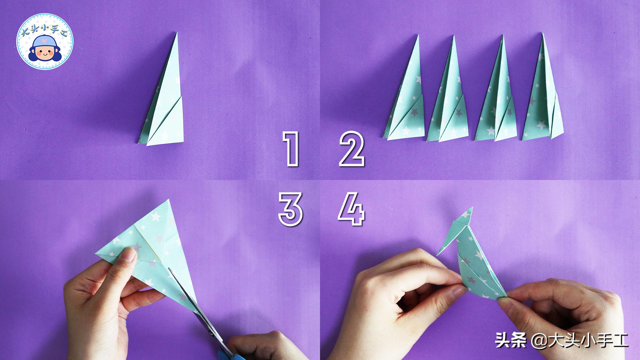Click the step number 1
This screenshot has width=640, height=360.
point(291,149)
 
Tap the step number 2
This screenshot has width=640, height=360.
point(352,149)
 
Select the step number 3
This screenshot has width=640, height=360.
point(291,210)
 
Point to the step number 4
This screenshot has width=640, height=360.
point(351,210)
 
